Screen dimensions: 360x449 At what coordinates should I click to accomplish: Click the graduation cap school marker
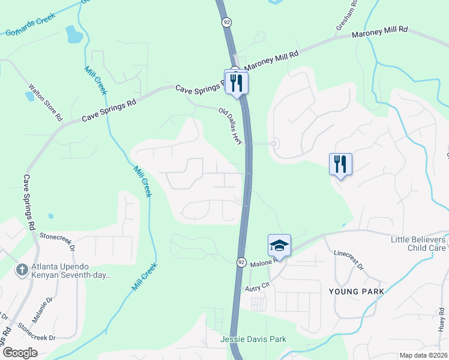tap(279, 245)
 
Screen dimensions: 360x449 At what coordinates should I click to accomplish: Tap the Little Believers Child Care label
tap(418, 243)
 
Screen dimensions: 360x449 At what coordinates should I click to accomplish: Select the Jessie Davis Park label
tap(253, 340)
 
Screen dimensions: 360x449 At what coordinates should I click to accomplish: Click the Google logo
tap(20, 353)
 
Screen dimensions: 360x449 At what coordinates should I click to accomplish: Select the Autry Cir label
tap(259, 289)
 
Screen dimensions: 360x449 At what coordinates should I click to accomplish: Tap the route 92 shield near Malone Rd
tap(240, 262)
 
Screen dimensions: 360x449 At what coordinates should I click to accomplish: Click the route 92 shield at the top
tap(226, 22)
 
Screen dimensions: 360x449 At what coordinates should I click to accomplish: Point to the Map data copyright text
tap(424, 355)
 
